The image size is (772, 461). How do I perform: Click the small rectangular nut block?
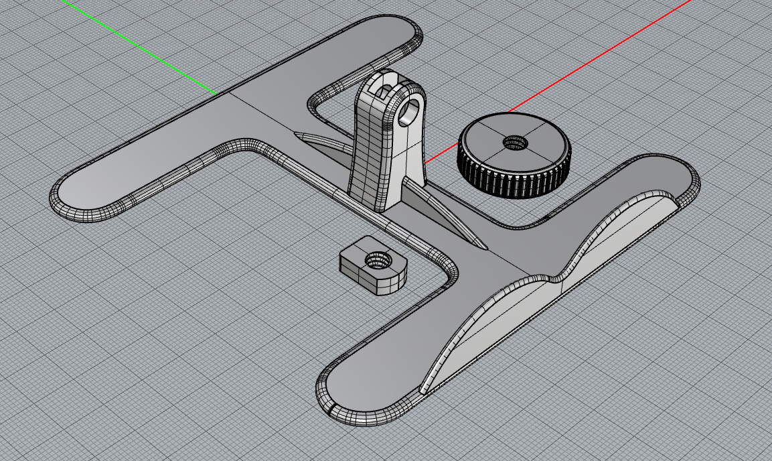372,265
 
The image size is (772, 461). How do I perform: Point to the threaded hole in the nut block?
376,259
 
